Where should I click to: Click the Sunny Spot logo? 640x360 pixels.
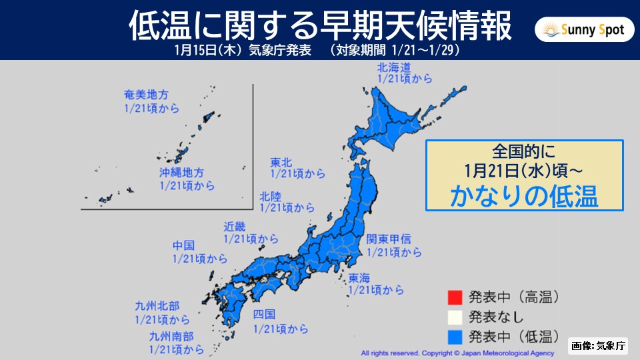tap(585, 30)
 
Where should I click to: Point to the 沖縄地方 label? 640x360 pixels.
tap(178, 173)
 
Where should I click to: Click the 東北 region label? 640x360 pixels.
tap(279, 162)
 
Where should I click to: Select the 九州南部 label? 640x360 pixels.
tap(169, 337)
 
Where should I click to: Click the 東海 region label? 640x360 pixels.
tap(359, 278)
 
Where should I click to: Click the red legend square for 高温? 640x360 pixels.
tap(455, 295)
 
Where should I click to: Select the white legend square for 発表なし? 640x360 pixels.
tap(455, 314)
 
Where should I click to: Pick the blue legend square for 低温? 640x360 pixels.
tap(455, 333)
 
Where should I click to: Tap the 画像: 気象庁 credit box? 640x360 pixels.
tap(598, 345)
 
